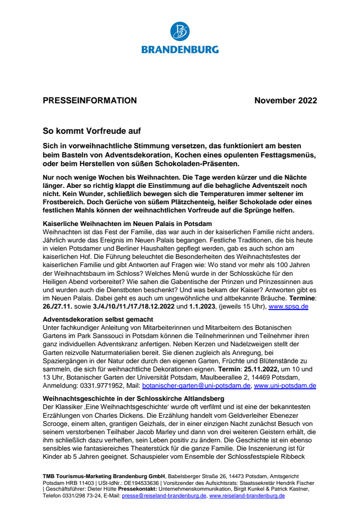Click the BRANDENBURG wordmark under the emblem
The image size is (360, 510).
tap(180, 49)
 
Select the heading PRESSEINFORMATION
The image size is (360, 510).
tap(90, 100)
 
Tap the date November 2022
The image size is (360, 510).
tap(286, 100)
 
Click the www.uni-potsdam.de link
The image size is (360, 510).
tap(285, 385)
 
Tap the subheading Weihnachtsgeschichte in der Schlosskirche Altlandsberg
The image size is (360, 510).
tap(134, 399)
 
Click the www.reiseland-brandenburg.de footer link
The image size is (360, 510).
tap(247, 496)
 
